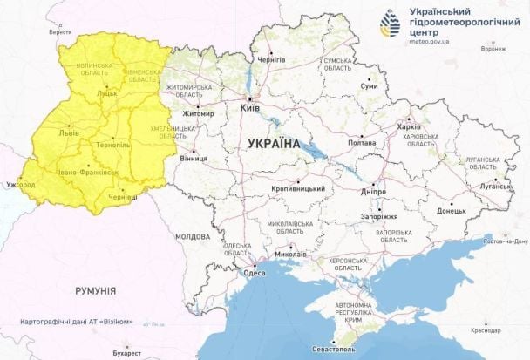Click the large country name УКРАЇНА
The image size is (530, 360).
[x=273, y=143]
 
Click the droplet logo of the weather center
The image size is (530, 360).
[x=392, y=24]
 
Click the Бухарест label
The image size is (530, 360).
[x=125, y=354]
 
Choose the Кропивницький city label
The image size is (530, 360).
[x=302, y=189]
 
